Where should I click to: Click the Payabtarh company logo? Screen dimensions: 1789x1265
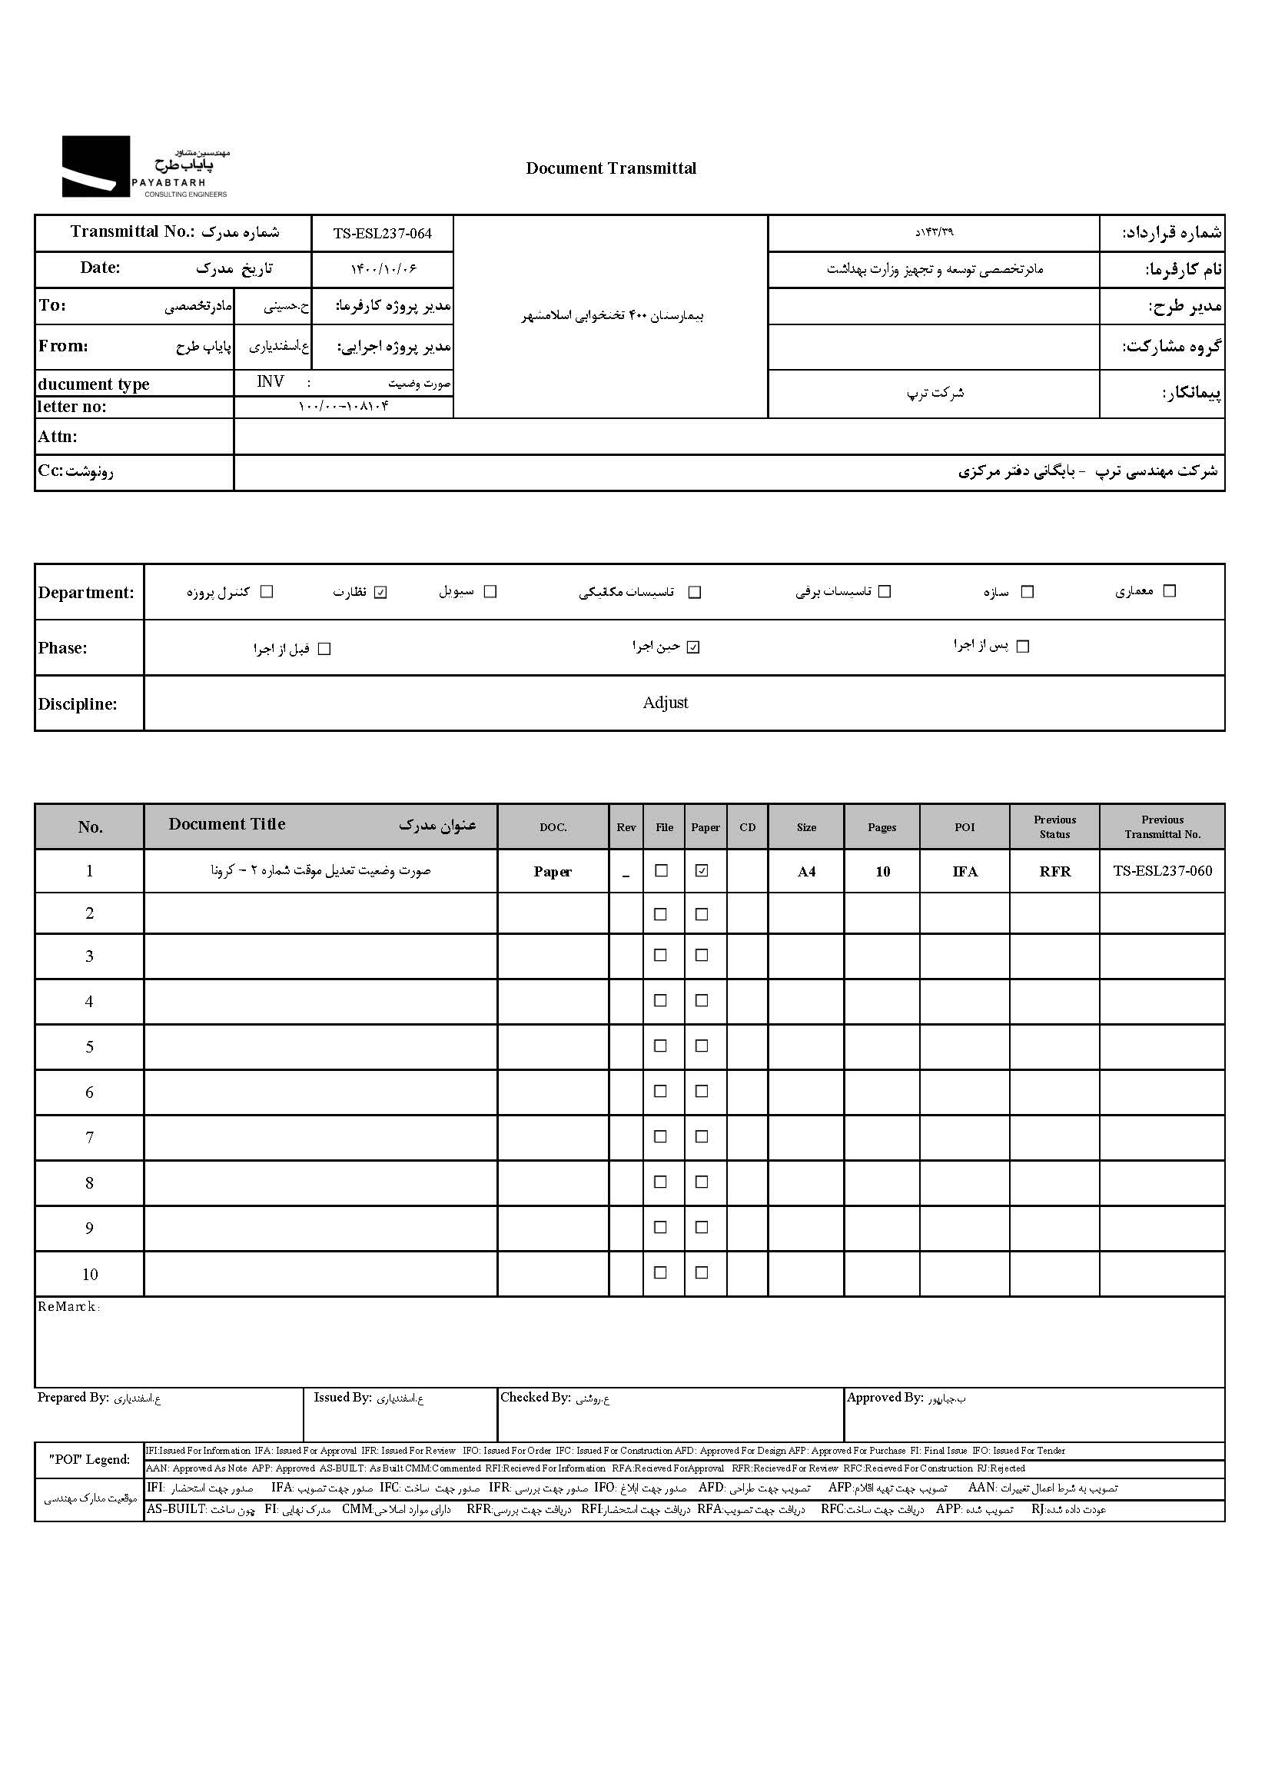(145, 167)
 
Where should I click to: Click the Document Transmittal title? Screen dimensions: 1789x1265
(611, 168)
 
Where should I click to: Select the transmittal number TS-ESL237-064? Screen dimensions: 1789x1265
(382, 234)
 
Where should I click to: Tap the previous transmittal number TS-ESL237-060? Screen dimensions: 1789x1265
(1162, 871)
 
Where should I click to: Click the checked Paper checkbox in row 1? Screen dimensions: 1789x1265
(702, 871)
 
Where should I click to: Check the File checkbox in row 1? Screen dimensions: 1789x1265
(662, 871)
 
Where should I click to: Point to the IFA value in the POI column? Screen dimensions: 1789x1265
(965, 872)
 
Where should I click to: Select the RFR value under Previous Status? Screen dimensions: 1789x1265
(1054, 872)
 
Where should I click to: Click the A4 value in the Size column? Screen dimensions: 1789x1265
(806, 872)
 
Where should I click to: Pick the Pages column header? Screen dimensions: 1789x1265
(882, 827)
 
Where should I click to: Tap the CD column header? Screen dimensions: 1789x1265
(747, 827)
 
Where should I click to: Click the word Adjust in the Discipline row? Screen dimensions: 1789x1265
(666, 703)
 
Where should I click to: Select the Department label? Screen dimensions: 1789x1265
(85, 593)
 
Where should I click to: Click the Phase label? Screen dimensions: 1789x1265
(62, 648)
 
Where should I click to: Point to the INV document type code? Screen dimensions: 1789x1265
(271, 382)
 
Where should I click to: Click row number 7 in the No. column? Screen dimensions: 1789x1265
(90, 1138)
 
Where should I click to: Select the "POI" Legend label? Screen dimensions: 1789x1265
(90, 1459)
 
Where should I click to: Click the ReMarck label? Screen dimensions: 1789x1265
(68, 1307)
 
